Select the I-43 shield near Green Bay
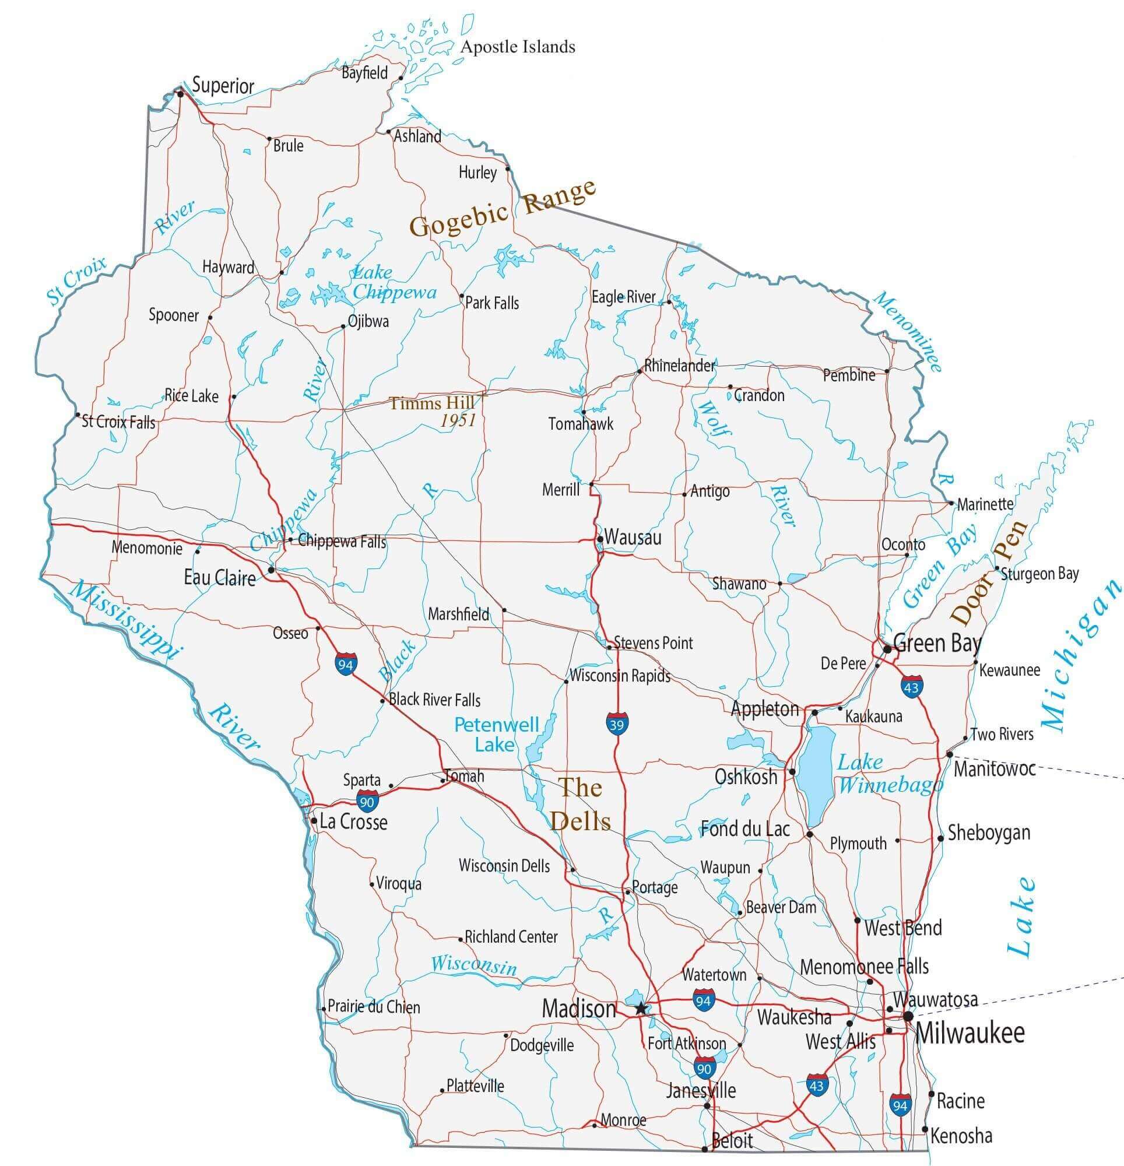[911, 686]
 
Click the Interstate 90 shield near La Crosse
[367, 801]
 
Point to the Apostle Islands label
[518, 47]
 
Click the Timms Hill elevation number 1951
[458, 420]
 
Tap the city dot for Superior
[180, 93]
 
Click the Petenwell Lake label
[496, 735]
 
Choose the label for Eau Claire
[220, 578]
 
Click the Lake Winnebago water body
[814, 774]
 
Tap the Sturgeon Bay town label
[1039, 574]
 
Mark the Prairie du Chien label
[374, 1007]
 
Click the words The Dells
[580, 805]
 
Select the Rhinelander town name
[679, 366]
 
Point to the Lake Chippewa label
[394, 283]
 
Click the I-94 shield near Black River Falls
[346, 664]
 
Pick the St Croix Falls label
[118, 422]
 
